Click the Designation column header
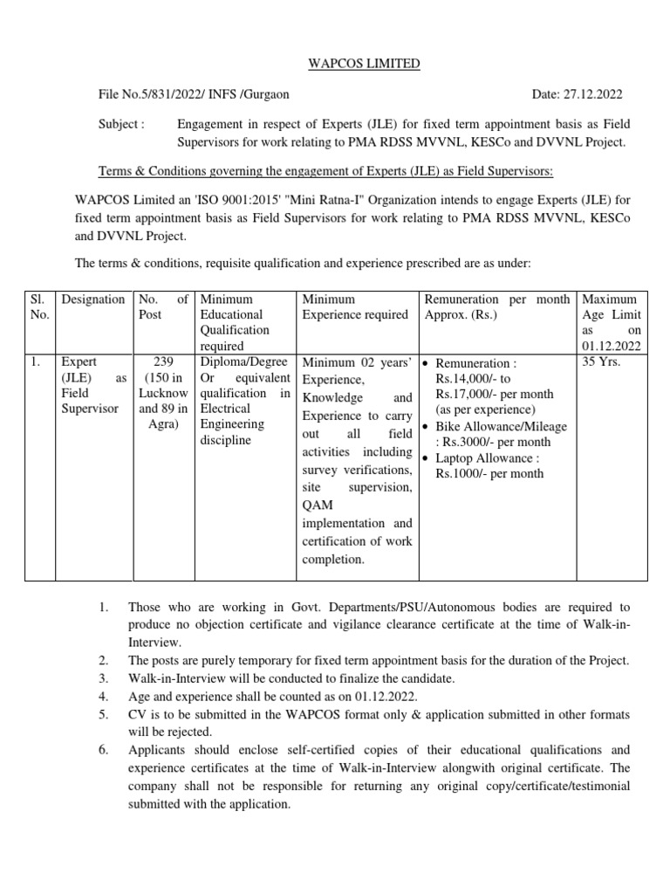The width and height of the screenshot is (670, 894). [x=93, y=299]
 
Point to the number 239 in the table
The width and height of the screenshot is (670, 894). [x=163, y=361]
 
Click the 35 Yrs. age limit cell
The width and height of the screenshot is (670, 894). [x=602, y=361]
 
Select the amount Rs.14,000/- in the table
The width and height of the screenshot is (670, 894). [x=473, y=379]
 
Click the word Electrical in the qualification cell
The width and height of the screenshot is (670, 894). [x=225, y=409]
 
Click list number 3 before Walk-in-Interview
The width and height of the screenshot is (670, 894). [x=102, y=678]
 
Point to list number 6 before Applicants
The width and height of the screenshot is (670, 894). [x=102, y=749]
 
